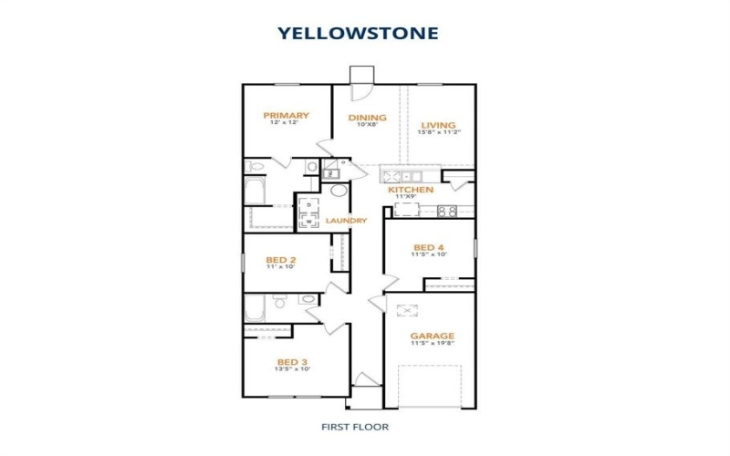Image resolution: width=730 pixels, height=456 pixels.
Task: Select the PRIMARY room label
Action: tap(286, 116)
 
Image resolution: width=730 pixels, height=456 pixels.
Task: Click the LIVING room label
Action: tap(438, 125)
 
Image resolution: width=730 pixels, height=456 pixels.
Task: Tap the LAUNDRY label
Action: tap(348, 221)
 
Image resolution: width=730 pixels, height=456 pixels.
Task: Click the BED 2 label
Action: tap(280, 258)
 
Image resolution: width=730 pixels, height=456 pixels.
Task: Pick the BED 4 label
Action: tap(429, 247)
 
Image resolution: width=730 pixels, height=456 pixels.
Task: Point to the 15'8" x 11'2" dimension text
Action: tap(439, 133)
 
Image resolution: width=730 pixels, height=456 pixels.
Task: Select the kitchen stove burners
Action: tap(446, 211)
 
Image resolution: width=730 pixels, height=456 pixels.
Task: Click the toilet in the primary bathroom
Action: tap(255, 165)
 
